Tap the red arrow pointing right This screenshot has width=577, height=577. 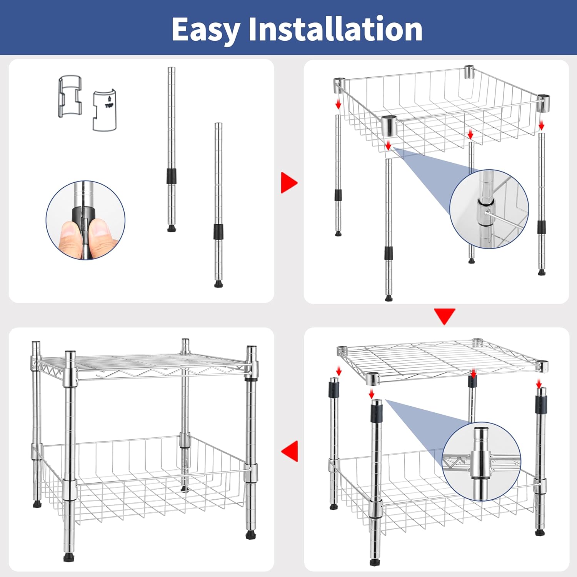coord(289,182)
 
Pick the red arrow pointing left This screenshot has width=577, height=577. coord(290,450)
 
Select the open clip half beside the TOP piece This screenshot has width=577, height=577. coord(70,97)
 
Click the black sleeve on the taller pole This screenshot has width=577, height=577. coord(172,176)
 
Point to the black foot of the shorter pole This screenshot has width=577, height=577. coord(218,284)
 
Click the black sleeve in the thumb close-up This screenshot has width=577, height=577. coord(83,220)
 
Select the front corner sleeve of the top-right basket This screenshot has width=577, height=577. coord(389,125)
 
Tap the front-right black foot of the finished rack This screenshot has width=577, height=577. coord(250,534)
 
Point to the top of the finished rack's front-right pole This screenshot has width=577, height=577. coord(251,349)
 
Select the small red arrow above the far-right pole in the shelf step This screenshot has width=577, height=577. coord(539,383)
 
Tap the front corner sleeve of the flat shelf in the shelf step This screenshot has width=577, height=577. coord(373,379)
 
